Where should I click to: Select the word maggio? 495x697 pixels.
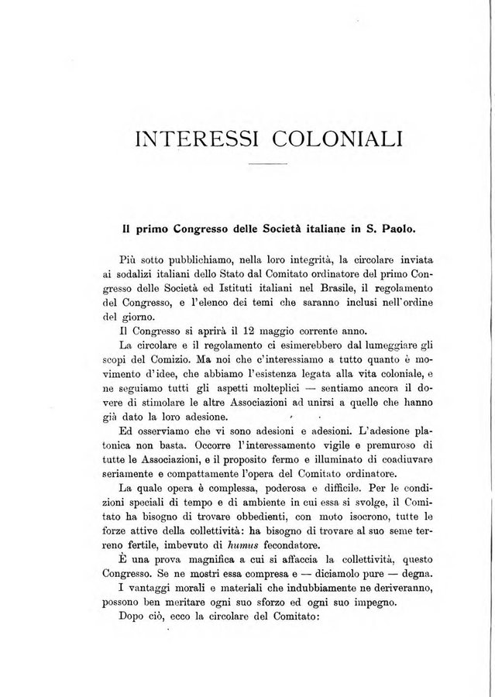click(261, 331)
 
